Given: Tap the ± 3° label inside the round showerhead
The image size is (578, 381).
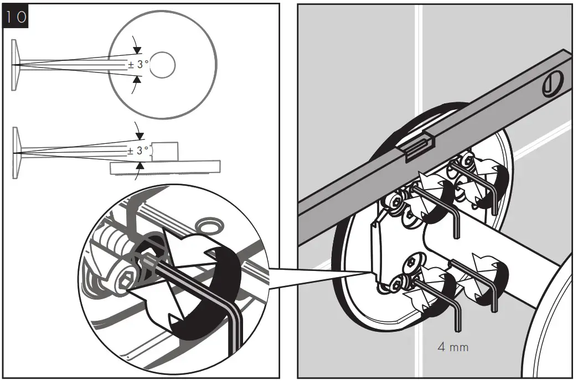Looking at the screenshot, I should click(138, 64).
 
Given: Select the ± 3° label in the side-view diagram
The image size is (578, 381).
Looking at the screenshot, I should click(138, 150).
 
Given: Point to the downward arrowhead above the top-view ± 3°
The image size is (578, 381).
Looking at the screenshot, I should click(137, 50).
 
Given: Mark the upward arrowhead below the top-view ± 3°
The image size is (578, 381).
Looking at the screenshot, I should click(137, 80).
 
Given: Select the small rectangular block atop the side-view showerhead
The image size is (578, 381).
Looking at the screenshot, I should click(165, 151).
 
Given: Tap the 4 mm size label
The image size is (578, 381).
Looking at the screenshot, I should click(453, 347).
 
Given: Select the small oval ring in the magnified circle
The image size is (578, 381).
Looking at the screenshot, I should click(210, 225).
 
